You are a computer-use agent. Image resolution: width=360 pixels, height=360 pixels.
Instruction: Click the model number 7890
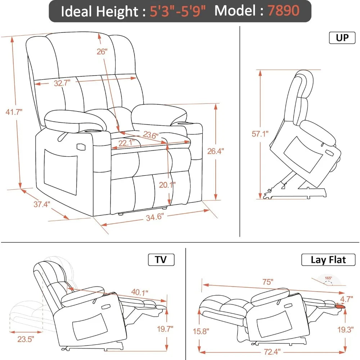tap(283, 11)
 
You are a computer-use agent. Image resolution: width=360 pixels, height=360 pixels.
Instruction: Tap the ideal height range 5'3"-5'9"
tap(179, 11)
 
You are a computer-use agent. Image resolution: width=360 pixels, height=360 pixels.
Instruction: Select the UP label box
tap(342, 38)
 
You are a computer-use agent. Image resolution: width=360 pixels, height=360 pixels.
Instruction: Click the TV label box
tap(161, 260)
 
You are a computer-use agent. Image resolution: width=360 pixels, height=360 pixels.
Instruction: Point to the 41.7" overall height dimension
tap(14, 112)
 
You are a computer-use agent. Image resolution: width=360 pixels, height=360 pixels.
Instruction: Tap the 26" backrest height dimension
tap(102, 51)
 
